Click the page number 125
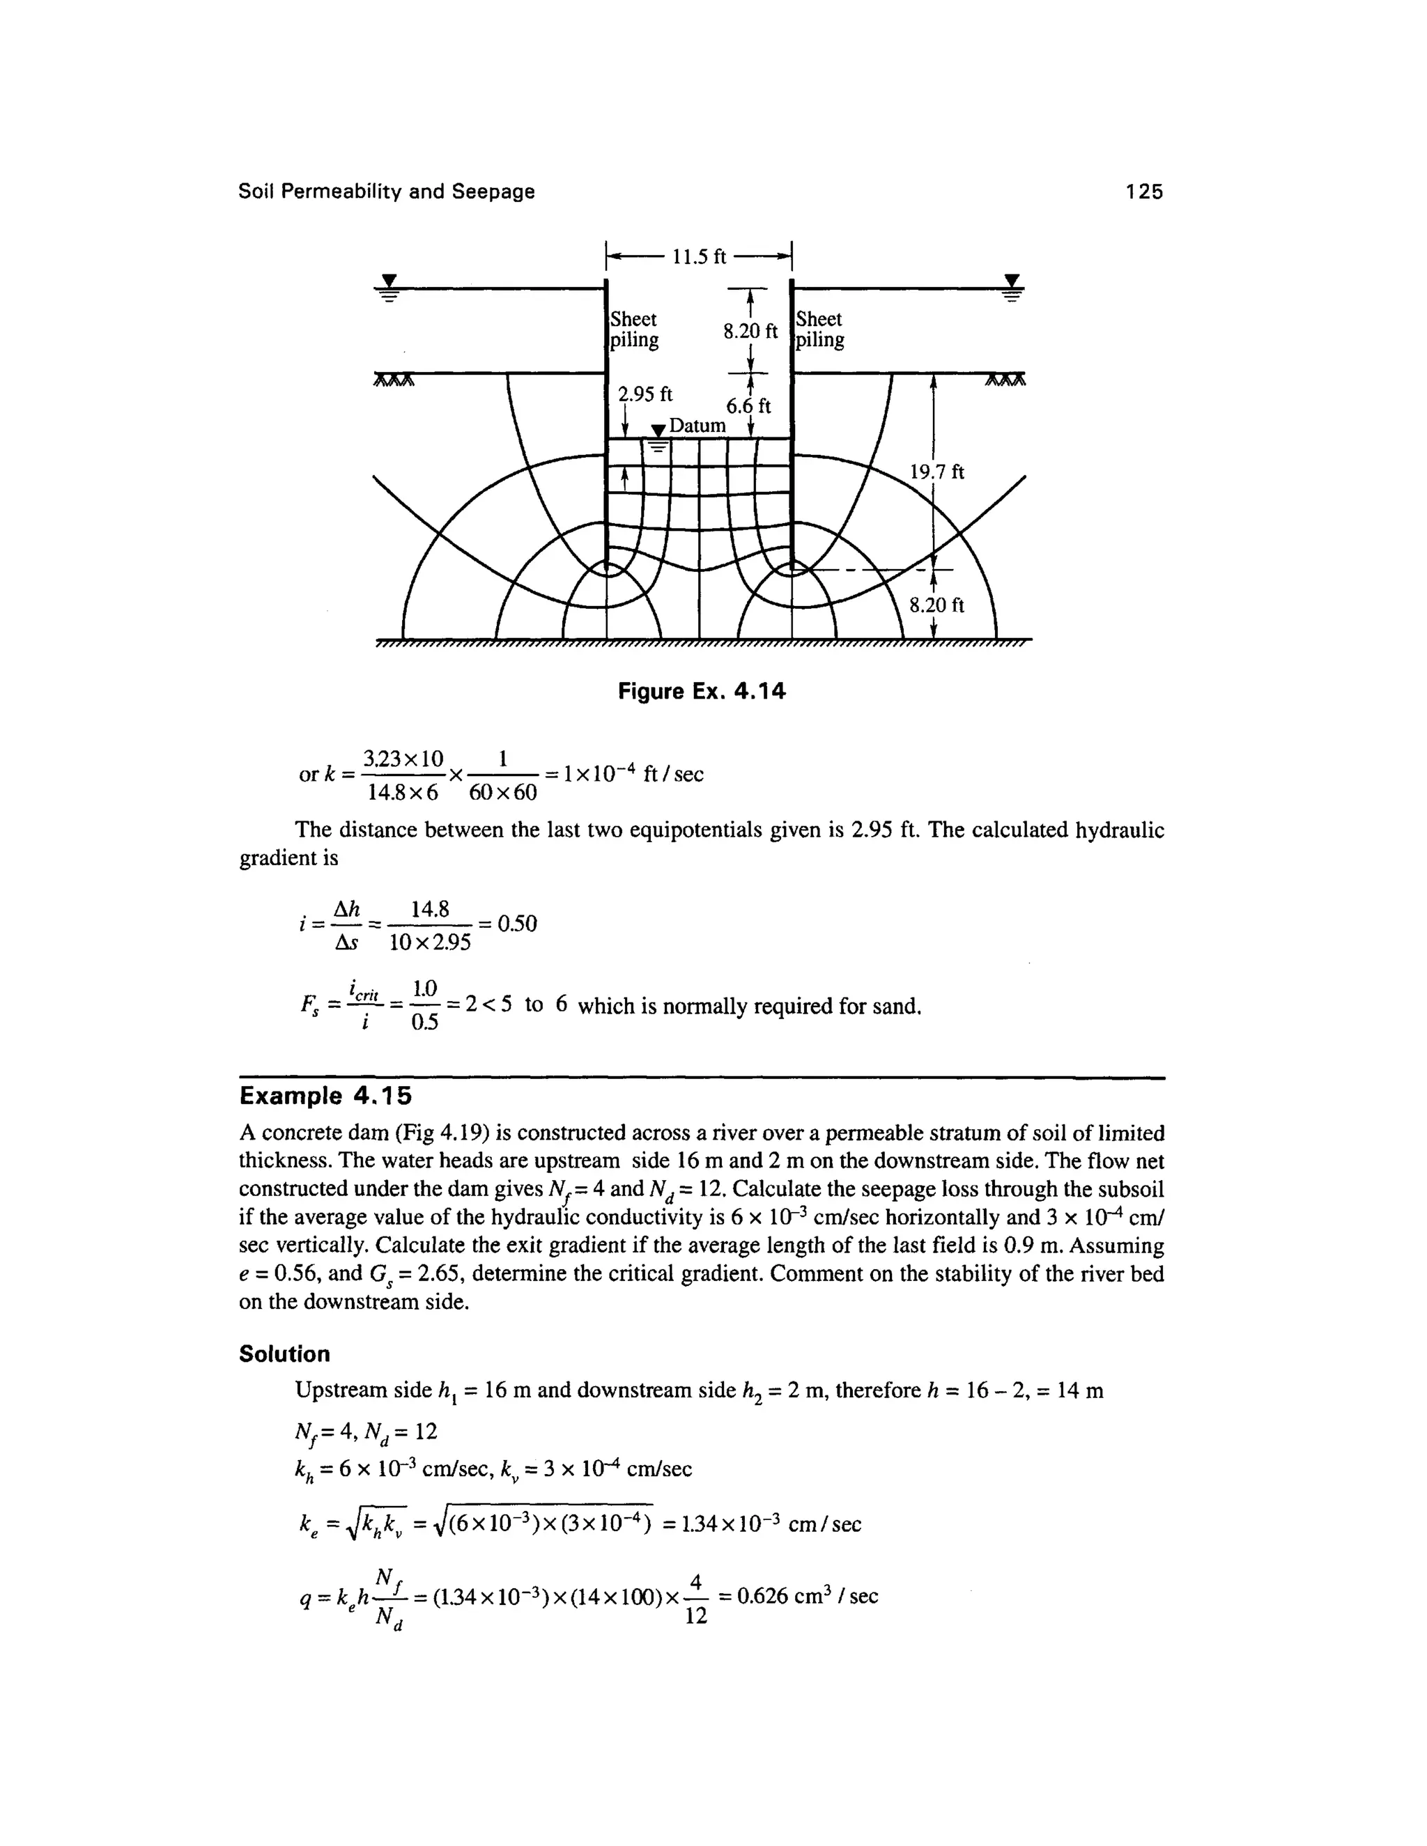[x=1144, y=192]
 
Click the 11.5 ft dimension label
[x=699, y=256]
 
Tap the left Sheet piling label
[x=634, y=329]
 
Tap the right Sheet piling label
[x=819, y=329]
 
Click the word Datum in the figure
[x=697, y=425]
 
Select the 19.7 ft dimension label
[x=936, y=472]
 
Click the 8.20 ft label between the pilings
[x=750, y=332]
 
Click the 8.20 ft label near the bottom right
[x=936, y=605]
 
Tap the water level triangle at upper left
[x=389, y=281]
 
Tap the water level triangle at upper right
[x=1011, y=281]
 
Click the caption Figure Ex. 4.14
[x=702, y=692]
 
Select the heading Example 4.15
[x=325, y=1096]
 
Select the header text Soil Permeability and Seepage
[x=386, y=192]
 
